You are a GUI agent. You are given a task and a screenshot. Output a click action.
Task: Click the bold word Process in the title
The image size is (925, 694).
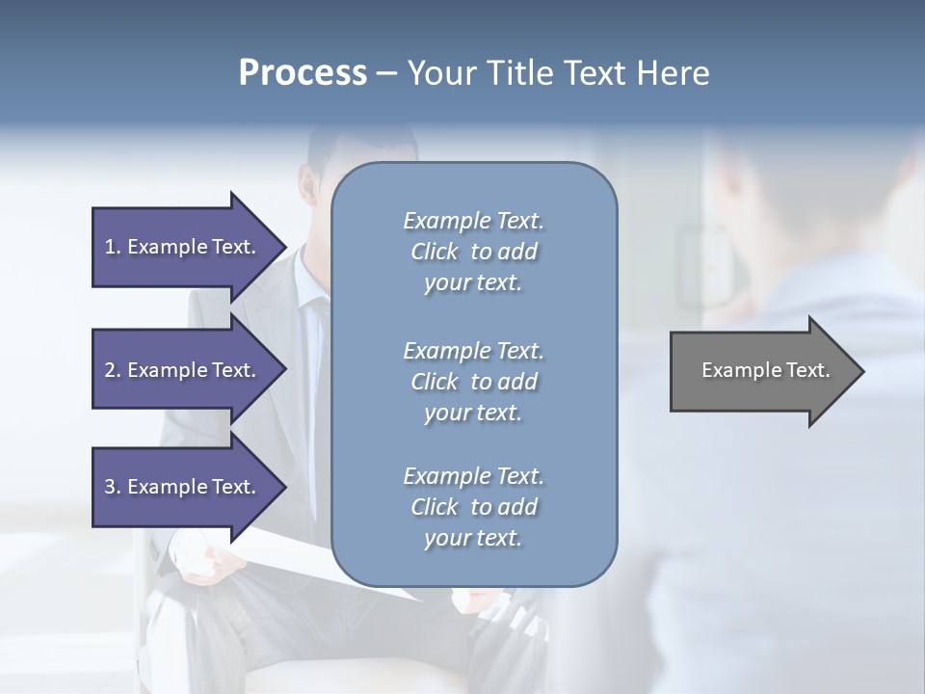click(x=303, y=73)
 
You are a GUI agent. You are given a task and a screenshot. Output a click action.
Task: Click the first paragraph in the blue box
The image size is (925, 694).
click(x=473, y=252)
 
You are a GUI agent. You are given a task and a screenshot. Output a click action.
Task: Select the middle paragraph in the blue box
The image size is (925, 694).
click(x=473, y=382)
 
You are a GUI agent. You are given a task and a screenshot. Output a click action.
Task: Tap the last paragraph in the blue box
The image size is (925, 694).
click(x=473, y=507)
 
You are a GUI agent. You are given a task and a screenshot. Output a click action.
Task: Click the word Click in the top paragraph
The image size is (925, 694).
click(x=435, y=253)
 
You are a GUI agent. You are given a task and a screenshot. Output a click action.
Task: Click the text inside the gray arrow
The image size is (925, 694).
click(x=765, y=370)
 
